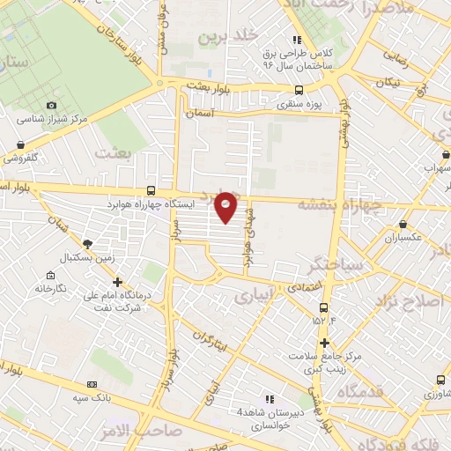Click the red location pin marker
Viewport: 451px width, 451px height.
pos(226,207)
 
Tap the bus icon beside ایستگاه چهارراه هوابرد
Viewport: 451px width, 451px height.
pos(152,190)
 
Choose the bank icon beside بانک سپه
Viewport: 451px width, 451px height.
pos(92,384)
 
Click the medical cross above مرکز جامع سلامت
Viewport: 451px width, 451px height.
pos(325,342)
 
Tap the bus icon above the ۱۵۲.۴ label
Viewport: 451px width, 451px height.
pos(324,308)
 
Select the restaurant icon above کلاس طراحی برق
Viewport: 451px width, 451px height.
pos(297,40)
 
